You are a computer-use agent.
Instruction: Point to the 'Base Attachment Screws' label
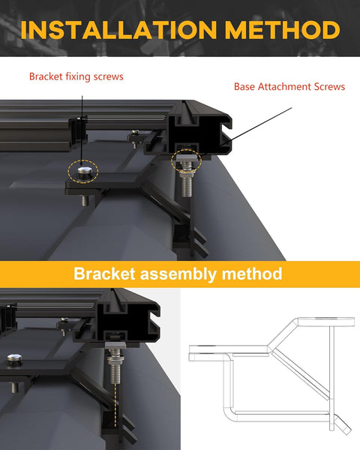pos(289,87)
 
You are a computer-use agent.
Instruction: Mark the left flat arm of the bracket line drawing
pos(225,351)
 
